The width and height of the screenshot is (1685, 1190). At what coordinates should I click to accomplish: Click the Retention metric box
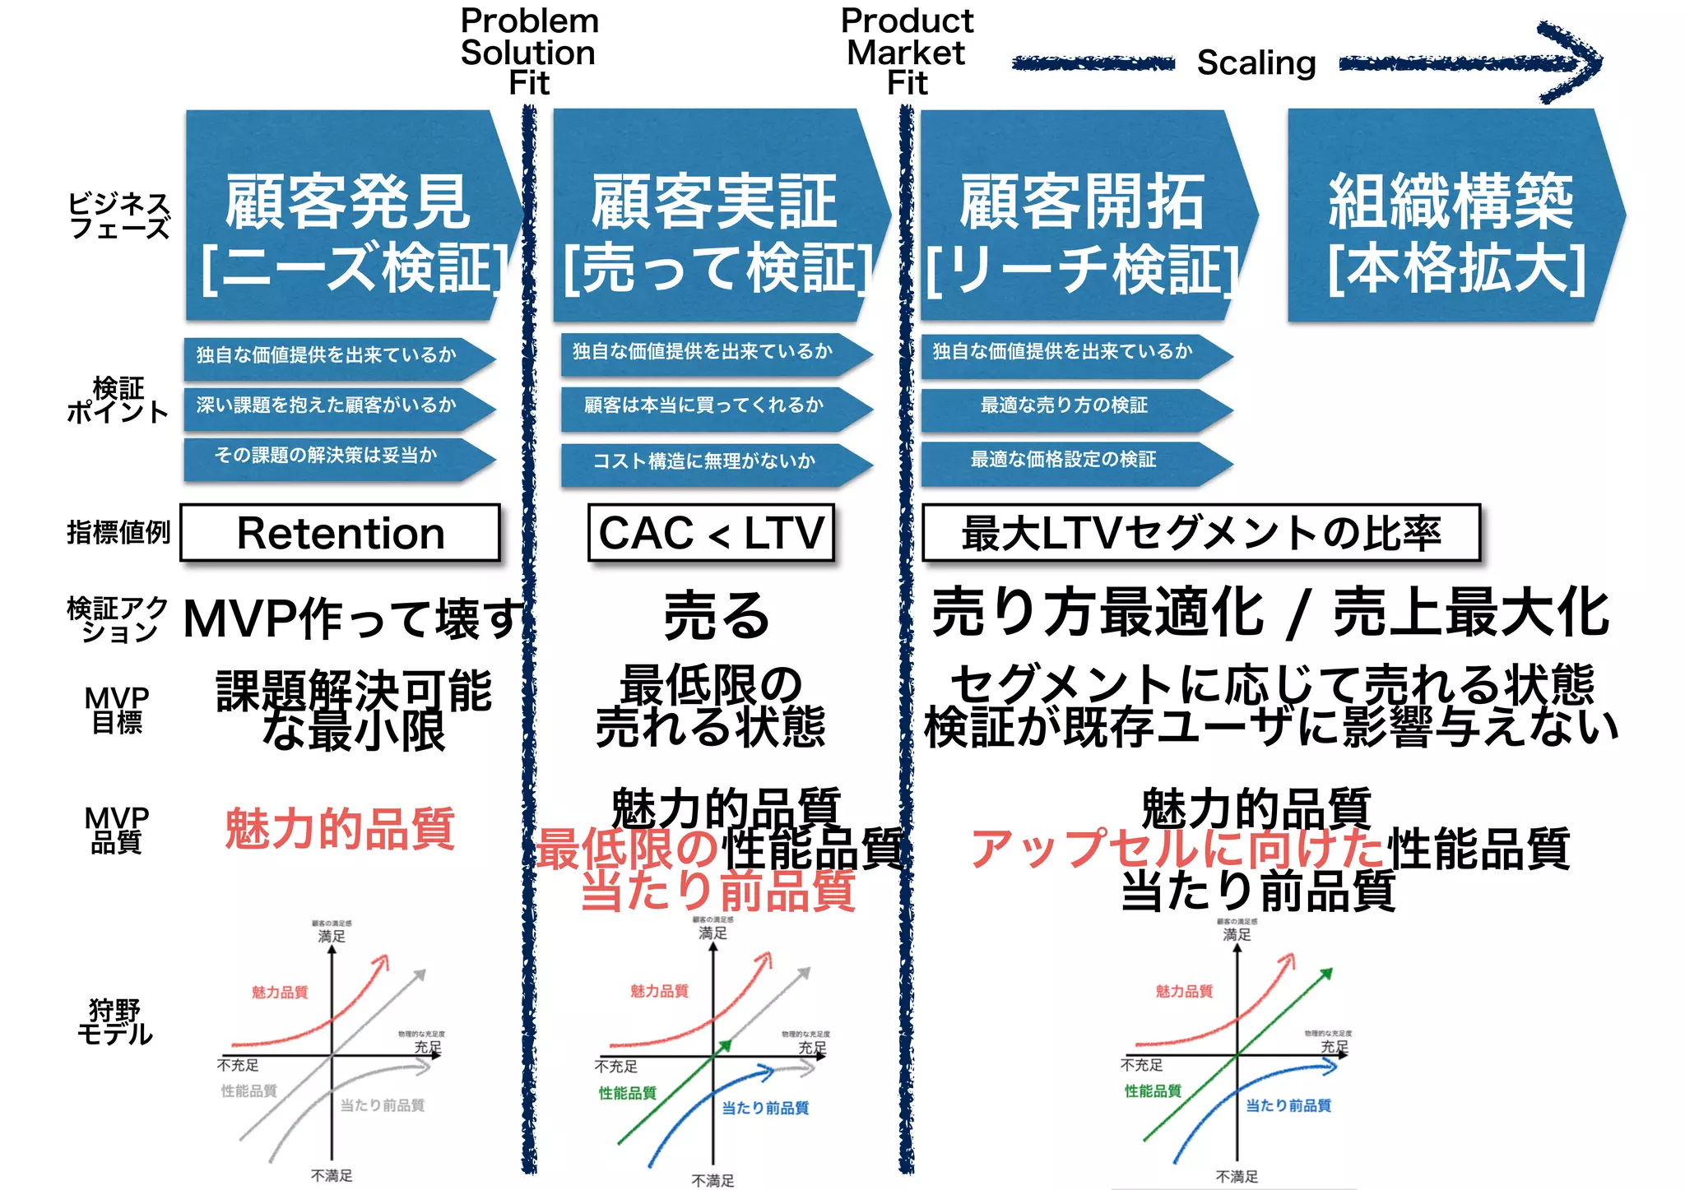pos(340,533)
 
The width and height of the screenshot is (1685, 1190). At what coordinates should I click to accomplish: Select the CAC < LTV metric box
pos(711,533)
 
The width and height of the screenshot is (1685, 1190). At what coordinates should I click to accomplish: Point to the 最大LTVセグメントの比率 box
pos(1200,533)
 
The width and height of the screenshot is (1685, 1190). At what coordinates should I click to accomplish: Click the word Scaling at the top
pos(1256,63)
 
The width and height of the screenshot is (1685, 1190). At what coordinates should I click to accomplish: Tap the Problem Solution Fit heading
pos(529,51)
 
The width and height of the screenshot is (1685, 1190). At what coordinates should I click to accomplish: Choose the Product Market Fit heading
pos(907,51)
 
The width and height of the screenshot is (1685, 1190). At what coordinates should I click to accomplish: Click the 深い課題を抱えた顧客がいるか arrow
pos(333,405)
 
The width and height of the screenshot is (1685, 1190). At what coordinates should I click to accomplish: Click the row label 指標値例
pos(118,533)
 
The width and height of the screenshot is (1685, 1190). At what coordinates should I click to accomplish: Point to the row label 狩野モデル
pos(115,1022)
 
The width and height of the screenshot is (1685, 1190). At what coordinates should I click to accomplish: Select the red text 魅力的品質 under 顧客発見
pos(340,828)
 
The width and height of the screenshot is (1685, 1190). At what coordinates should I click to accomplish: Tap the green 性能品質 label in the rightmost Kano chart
pos(1153,1091)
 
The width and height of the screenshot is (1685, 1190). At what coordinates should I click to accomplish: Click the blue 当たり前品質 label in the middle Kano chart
pos(765,1109)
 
